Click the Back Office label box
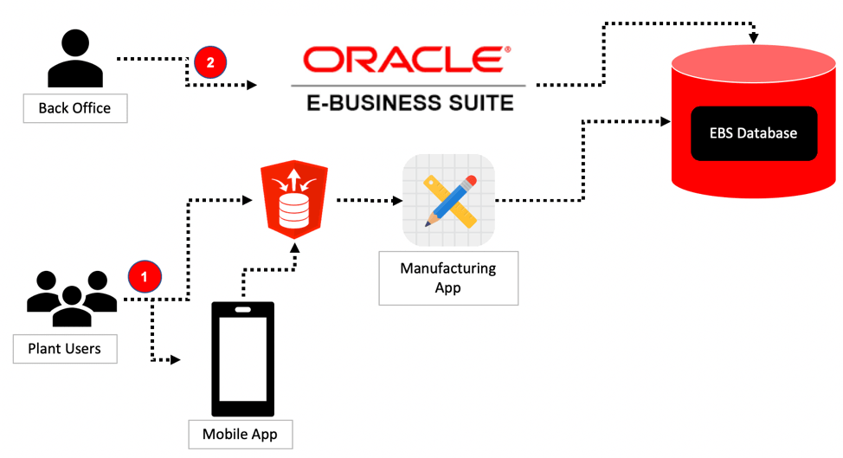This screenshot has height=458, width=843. [74, 108]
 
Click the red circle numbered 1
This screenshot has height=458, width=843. [145, 277]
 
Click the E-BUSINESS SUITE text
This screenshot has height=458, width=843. [409, 102]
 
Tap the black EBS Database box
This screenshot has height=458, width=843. [754, 133]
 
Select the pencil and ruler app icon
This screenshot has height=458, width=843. [449, 200]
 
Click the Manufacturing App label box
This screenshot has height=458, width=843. [448, 278]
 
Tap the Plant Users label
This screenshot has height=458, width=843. [65, 349]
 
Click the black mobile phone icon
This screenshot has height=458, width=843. [243, 358]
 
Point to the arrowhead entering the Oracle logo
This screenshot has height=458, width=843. [253, 85]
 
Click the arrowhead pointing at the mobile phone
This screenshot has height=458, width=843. [177, 358]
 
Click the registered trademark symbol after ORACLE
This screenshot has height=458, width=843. [508, 49]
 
